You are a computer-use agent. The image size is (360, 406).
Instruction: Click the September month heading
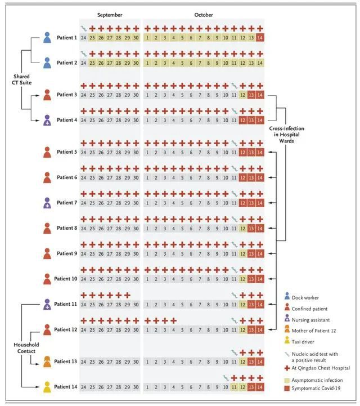tap(110, 15)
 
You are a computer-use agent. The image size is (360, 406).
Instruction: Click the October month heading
tap(204, 15)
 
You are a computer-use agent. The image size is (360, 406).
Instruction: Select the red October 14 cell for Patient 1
tap(260, 38)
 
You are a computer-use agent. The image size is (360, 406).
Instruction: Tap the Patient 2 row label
tap(67, 63)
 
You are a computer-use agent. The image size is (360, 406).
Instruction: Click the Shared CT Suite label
tap(22, 79)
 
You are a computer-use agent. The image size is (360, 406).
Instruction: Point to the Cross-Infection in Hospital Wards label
tap(286, 135)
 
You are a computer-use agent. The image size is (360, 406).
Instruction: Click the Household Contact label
tap(26, 348)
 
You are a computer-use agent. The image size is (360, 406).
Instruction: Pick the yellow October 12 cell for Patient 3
tap(242, 95)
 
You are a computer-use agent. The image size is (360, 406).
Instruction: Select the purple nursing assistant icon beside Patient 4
tap(47, 120)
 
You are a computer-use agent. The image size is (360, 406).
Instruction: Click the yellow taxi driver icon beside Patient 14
tap(47, 387)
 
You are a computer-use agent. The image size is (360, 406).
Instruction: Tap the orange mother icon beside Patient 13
tap(47, 362)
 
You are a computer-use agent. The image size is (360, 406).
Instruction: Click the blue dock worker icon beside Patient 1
tap(47, 38)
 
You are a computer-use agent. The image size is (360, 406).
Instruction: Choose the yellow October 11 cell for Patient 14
tap(234, 387)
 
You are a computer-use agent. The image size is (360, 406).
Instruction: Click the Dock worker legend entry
tap(301, 297)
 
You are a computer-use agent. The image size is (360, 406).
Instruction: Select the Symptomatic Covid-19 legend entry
tap(312, 389)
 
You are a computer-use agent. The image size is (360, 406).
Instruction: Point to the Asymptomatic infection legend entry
tap(313, 380)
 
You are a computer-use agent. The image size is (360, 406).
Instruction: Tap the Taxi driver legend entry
tap(299, 341)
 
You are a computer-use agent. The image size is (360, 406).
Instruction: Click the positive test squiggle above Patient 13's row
tap(234, 353)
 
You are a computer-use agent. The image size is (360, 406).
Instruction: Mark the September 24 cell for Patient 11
tap(83, 305)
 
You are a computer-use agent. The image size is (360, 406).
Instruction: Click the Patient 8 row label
tap(67, 228)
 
